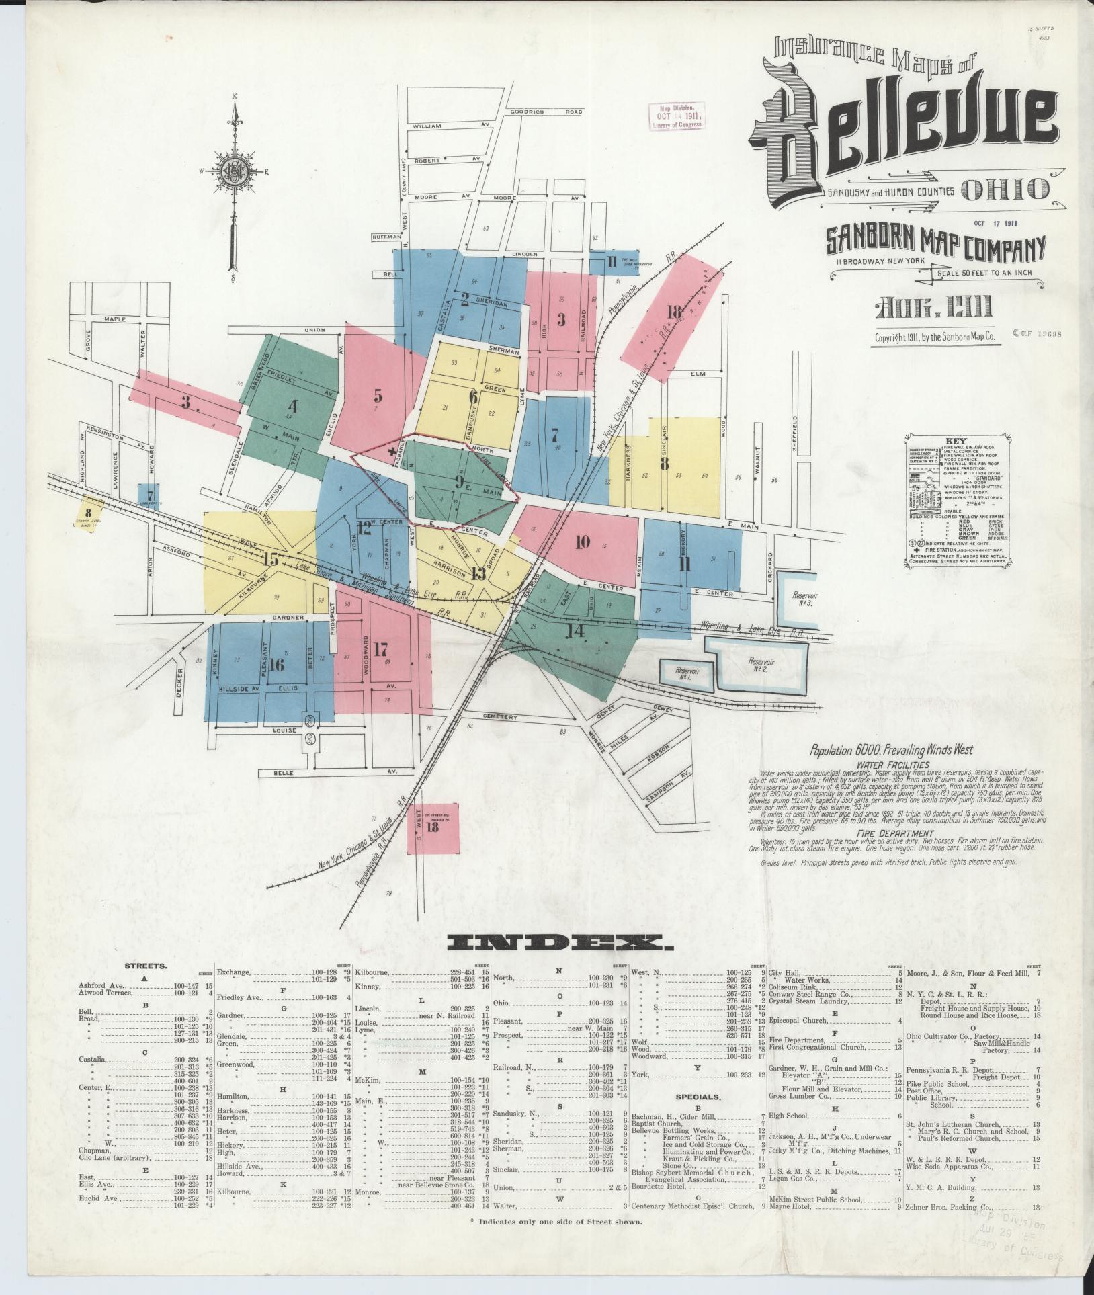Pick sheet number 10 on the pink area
[582, 542]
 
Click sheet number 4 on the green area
[292, 407]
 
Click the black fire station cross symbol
[392, 454]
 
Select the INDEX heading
[558, 944]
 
